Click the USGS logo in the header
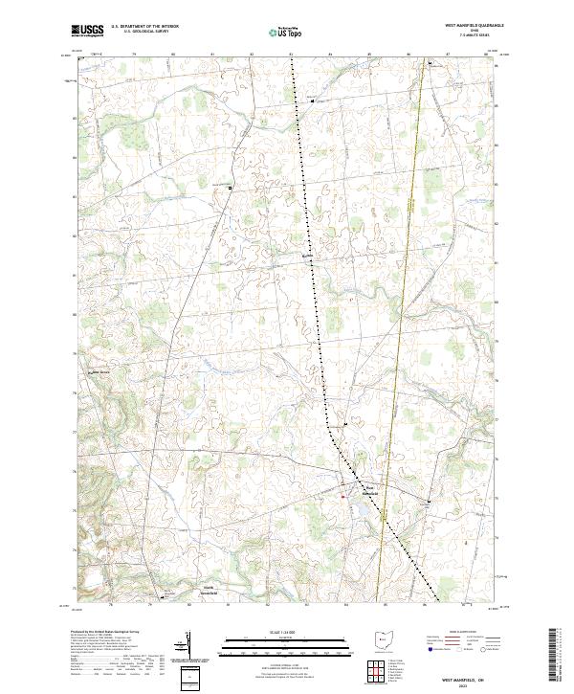click(x=87, y=31)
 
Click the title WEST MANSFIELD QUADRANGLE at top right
click(x=464, y=26)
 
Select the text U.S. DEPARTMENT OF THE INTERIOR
click(x=143, y=27)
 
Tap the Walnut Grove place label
click(x=101, y=372)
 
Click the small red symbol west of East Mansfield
click(x=343, y=496)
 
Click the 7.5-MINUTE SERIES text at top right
click(x=464, y=36)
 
